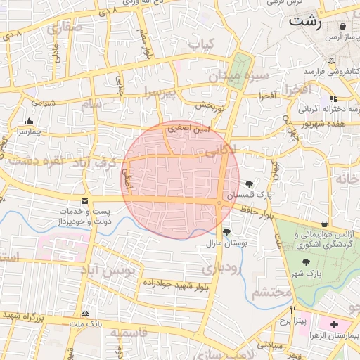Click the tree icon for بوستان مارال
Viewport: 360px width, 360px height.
[226, 232]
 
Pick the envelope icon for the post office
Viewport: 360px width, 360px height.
[84, 200]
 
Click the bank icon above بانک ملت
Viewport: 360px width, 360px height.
[86, 313]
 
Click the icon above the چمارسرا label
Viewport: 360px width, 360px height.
[28, 121]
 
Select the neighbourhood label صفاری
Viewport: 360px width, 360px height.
[65, 28]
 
